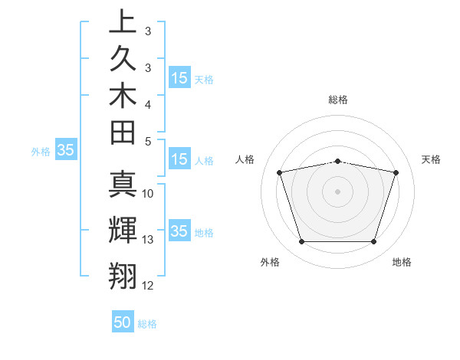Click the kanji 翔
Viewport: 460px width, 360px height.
click(x=123, y=274)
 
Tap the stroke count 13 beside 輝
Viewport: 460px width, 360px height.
click(x=148, y=240)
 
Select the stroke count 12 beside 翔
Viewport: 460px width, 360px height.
click(x=148, y=286)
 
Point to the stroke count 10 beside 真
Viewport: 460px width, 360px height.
click(x=148, y=194)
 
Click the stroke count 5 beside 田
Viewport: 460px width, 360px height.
click(x=148, y=141)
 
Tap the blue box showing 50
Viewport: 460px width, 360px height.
click(x=123, y=323)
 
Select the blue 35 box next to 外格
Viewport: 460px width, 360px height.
click(x=66, y=151)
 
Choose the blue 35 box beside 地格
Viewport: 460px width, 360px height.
click(x=179, y=232)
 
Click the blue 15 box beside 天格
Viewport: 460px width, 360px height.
click(x=179, y=78)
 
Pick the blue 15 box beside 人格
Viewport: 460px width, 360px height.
click(x=179, y=160)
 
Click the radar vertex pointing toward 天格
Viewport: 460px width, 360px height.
click(x=396, y=173)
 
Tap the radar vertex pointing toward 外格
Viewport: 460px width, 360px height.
click(x=301, y=242)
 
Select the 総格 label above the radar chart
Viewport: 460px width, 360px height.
click(x=338, y=100)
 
